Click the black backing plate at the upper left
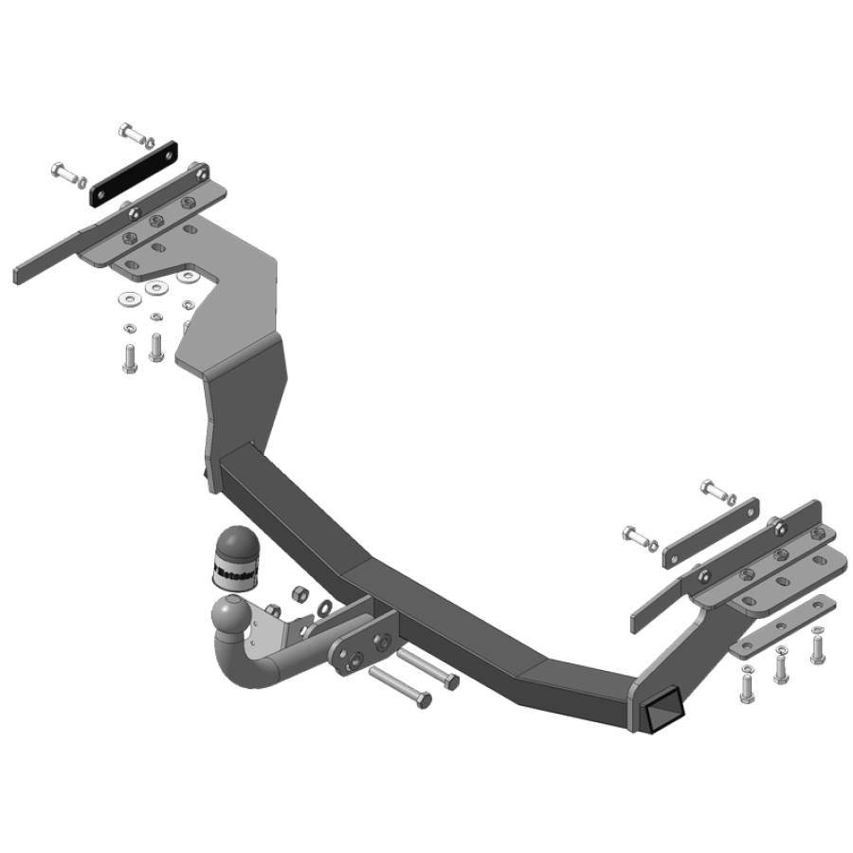point(135,173)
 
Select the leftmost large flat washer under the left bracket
point(126,299)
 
